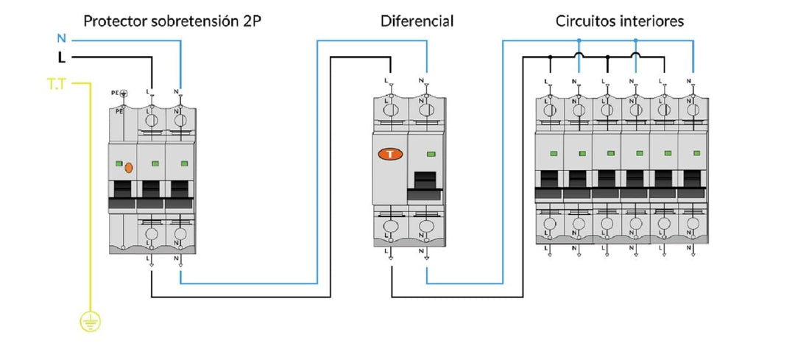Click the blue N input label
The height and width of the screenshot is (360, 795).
(62, 38)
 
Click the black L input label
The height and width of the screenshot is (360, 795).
(62, 58)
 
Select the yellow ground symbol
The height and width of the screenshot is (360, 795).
(91, 322)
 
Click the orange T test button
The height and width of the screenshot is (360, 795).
(390, 155)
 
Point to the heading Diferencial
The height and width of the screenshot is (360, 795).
(417, 21)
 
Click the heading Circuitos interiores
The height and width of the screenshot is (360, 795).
(620, 21)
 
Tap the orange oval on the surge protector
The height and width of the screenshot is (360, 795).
(129, 167)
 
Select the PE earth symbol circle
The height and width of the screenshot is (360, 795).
(123, 93)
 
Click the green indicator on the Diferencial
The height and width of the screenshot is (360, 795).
(431, 154)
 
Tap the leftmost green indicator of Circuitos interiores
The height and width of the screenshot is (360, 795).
(554, 152)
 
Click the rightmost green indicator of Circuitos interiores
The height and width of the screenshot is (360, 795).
(696, 152)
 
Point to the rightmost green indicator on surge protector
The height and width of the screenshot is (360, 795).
(184, 163)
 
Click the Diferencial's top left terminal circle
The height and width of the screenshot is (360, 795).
(390, 110)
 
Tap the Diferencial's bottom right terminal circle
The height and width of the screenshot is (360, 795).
(426, 226)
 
